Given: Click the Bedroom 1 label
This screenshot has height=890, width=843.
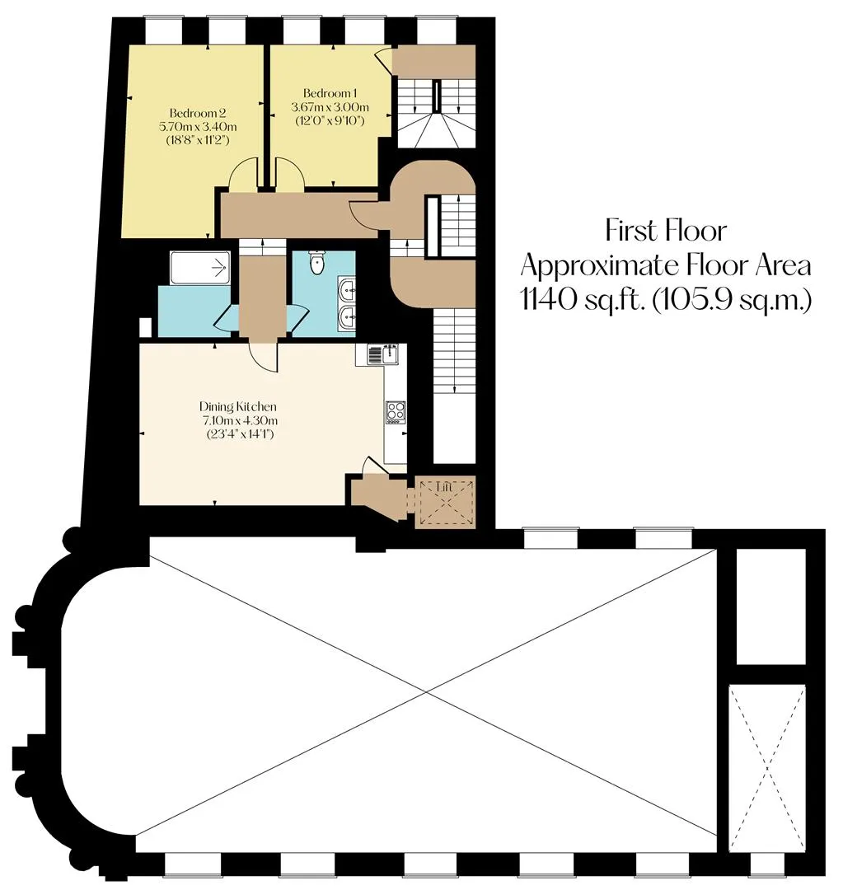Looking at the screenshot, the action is coord(330,93).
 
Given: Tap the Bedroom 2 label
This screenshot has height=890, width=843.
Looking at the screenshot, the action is coord(198,114).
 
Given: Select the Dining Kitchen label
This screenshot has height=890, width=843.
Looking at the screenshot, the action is coord(238,406).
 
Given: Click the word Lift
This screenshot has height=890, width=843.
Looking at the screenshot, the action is coord(445,487).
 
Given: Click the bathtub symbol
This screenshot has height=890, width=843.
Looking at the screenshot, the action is coord(199,268).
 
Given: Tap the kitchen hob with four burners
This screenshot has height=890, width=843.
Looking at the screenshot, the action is coord(396,412).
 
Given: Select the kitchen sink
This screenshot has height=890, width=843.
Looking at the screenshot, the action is coord(383,354).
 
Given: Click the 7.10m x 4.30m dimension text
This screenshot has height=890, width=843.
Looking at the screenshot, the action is coord(240,420).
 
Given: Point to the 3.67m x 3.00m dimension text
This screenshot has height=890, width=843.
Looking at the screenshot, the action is coord(330,106).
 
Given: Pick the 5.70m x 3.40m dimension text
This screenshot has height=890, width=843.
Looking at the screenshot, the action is coord(198,127).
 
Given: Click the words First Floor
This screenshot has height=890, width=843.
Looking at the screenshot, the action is coord(665,231).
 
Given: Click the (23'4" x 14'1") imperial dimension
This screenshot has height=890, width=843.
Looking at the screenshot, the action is coord(240,435).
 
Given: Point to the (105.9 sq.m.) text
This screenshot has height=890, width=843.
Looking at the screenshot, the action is coord(732,300).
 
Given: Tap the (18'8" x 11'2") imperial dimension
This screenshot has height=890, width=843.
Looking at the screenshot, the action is coord(198,140).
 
